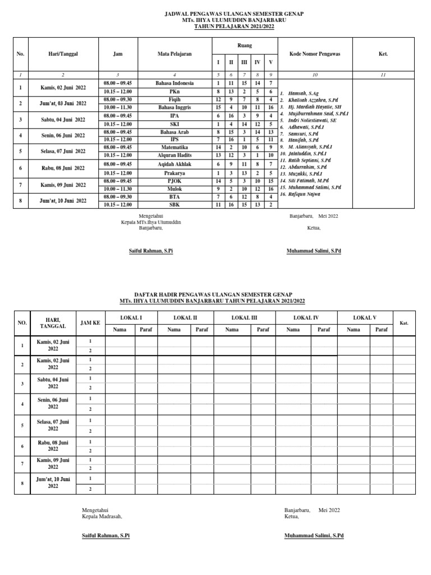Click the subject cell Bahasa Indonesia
pyautogui.click(x=175, y=83)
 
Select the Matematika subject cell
pyautogui.click(x=175, y=147)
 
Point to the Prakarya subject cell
pyautogui.click(x=175, y=173)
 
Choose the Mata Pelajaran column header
pyautogui.click(x=175, y=54)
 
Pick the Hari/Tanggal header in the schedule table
pyautogui.click(x=63, y=54)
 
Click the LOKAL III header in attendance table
pyautogui.click(x=244, y=318)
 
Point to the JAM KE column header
pyautogui.click(x=90, y=323)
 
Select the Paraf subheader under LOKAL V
pyautogui.click(x=382, y=330)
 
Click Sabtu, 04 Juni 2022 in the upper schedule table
pyautogui.click(x=63, y=120)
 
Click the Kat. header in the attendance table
pyautogui.click(x=404, y=323)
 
